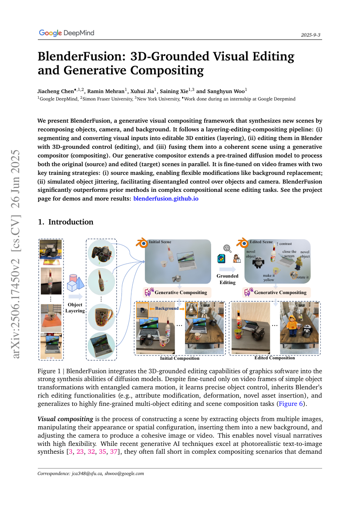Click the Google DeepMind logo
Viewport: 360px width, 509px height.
tap(66, 33)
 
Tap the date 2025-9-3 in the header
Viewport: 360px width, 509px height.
tap(311, 35)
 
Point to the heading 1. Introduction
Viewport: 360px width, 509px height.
tap(65, 222)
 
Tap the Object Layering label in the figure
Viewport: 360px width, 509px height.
tap(74, 308)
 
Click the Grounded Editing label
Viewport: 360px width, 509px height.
tap(227, 279)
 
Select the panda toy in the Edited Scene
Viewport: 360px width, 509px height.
tap(259, 263)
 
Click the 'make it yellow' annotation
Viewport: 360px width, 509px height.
tap(269, 278)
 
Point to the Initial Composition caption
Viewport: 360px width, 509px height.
tap(180, 358)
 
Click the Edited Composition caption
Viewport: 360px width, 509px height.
tap(274, 358)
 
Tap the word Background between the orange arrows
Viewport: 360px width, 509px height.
tap(167, 308)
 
